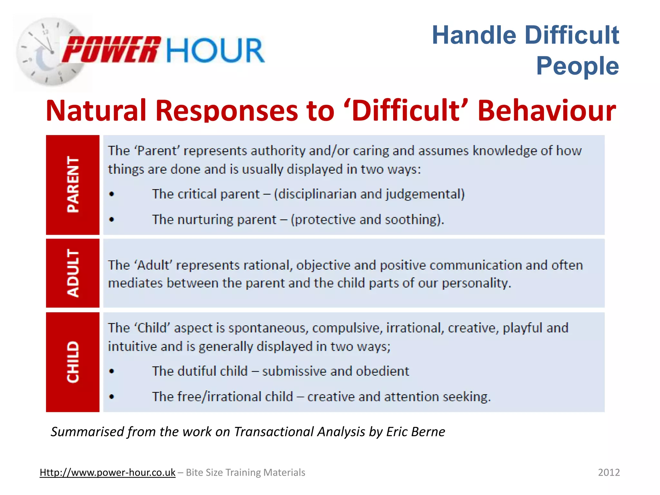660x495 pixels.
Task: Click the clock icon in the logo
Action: click(48, 52)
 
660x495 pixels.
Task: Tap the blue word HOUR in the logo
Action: click(216, 50)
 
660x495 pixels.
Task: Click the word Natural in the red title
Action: click(96, 111)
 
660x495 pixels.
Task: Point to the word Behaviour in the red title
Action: click(547, 111)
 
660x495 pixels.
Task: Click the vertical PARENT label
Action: click(73, 184)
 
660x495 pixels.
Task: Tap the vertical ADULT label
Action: click(73, 273)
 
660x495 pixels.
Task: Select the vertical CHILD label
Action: click(73, 362)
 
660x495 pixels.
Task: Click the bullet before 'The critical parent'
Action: click(112, 194)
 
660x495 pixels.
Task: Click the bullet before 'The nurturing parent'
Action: click(112, 220)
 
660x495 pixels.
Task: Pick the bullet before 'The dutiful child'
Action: click(112, 371)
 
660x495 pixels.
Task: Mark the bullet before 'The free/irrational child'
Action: click(112, 397)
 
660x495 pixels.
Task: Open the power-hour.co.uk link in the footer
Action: click(107, 472)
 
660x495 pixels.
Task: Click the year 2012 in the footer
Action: click(609, 472)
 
